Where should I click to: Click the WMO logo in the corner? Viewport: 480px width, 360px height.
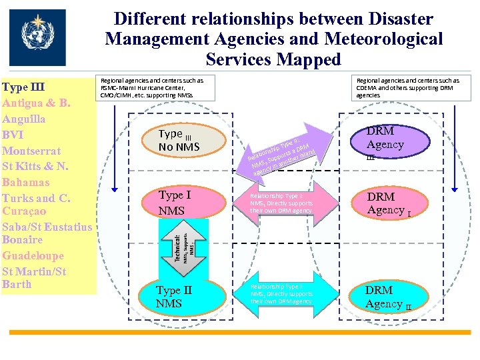pos(37,37)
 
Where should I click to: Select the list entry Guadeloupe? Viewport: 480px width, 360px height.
pos(33,255)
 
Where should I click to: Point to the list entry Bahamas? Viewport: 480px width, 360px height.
pos(27,182)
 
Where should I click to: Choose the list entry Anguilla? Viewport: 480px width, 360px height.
pos(24,119)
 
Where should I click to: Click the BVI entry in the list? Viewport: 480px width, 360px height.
pos(13,134)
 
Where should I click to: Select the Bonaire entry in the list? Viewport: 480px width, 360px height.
pos(23,239)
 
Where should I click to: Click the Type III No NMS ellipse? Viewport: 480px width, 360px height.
pos(179,139)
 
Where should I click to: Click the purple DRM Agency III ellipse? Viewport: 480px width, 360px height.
pos(386,143)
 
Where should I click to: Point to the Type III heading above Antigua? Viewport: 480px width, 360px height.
pos(23,87)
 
